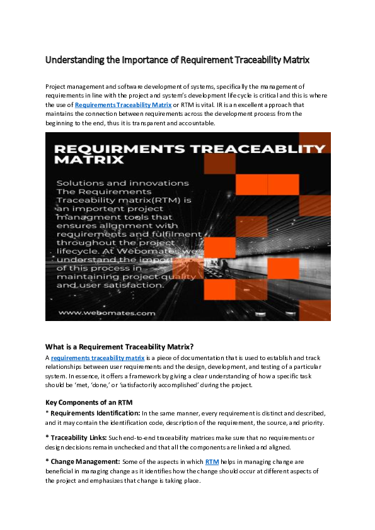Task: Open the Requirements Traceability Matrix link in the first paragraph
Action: [124, 104]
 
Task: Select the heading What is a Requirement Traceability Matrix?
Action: [119, 346]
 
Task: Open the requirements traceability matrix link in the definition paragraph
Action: [98, 358]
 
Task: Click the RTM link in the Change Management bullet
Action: [212, 461]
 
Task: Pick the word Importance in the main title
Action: [146, 60]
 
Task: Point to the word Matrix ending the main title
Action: [294, 60]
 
